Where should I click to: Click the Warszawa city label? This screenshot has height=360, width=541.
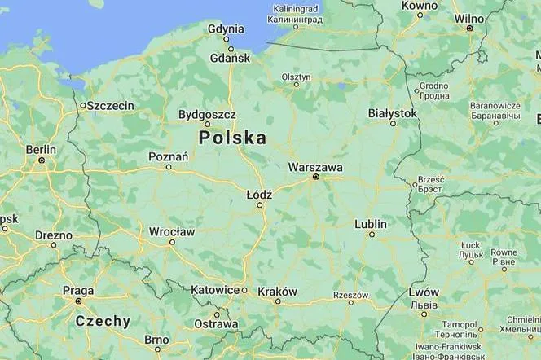tap(315, 167)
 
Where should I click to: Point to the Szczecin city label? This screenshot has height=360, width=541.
tap(111, 106)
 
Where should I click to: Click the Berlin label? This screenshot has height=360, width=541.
tap(41, 150)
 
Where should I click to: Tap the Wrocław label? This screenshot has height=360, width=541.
tap(172, 232)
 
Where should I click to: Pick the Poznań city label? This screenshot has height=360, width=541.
tap(169, 157)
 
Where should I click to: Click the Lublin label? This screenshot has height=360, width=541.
tap(372, 224)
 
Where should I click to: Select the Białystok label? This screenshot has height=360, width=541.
tap(393, 113)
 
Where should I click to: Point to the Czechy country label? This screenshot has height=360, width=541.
tap(103, 321)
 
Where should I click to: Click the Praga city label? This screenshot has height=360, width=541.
tap(78, 291)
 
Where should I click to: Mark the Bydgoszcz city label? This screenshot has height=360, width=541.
tap(207, 115)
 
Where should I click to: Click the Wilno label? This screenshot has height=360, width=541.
tap(469, 18)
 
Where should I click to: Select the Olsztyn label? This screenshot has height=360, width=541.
tap(296, 77)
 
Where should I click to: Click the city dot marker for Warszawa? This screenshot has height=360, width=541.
tap(315, 177)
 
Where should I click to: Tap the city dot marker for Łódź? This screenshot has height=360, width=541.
tap(261, 204)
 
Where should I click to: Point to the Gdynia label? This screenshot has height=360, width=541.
tap(226, 27)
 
